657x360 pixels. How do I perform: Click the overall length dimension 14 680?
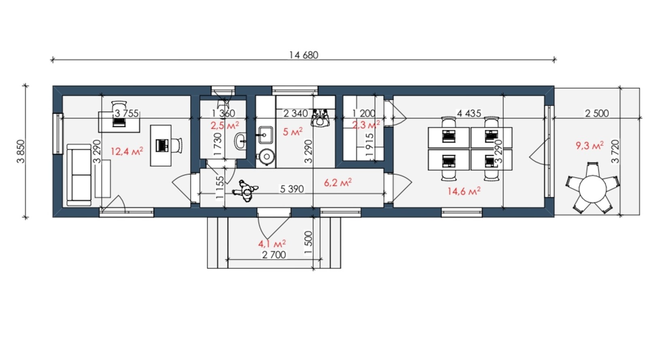(303, 55)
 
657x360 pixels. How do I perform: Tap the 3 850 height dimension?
(21, 151)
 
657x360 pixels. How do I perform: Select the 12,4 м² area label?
(127, 151)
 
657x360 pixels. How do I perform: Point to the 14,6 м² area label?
(464, 191)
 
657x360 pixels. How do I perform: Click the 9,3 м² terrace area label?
(589, 145)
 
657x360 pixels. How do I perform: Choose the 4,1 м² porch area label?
(272, 244)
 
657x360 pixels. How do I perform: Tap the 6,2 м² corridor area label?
(338, 183)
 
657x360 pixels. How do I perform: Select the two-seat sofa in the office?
(79, 175)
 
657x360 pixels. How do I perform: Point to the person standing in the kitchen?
(320, 118)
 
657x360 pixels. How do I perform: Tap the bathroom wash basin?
(240, 141)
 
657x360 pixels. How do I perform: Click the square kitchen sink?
(266, 135)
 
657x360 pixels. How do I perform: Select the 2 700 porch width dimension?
(274, 255)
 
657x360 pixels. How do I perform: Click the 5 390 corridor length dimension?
(292, 189)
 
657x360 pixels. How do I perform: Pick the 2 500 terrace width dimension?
(597, 113)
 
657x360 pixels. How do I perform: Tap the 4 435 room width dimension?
(469, 113)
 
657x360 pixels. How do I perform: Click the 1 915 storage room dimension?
(370, 145)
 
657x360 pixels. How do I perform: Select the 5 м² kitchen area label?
(292, 132)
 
